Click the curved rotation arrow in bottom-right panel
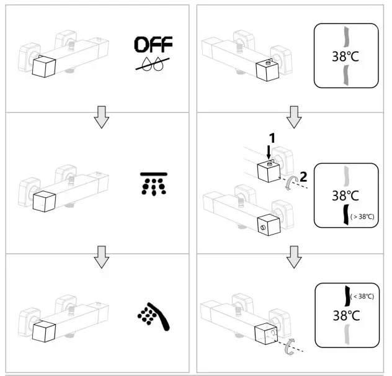point(289,348)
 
